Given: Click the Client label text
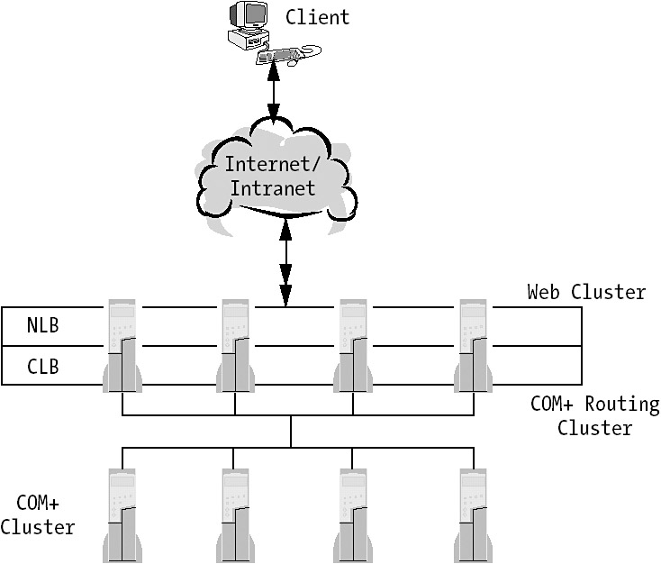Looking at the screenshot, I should [317, 17].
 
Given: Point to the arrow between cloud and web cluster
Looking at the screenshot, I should [286, 263].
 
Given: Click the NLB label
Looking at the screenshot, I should [42, 326].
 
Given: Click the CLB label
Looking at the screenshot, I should [42, 366].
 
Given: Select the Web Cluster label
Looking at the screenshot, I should [586, 292].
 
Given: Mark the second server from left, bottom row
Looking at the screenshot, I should [235, 515].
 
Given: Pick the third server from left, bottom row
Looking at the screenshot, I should [352, 515].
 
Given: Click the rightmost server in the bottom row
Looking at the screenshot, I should [474, 515].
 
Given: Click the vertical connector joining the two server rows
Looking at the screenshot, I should [291, 431].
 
